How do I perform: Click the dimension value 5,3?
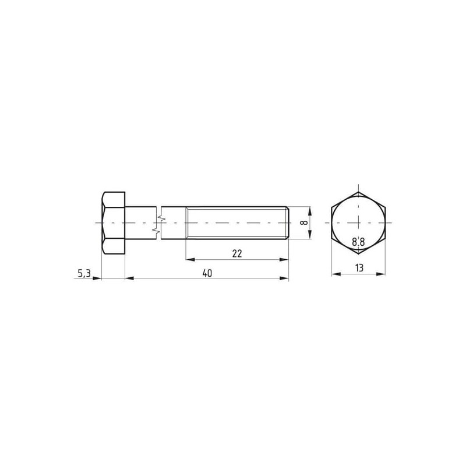(84, 273)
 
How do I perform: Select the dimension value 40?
(207, 273)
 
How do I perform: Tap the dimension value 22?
(237, 253)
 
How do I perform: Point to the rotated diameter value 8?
(303, 223)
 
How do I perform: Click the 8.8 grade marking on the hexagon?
(358, 242)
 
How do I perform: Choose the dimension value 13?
(359, 268)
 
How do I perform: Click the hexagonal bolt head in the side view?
(113, 223)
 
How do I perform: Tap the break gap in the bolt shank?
(158, 223)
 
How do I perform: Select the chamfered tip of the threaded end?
(287, 223)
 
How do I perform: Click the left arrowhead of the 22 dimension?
(190, 259)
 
